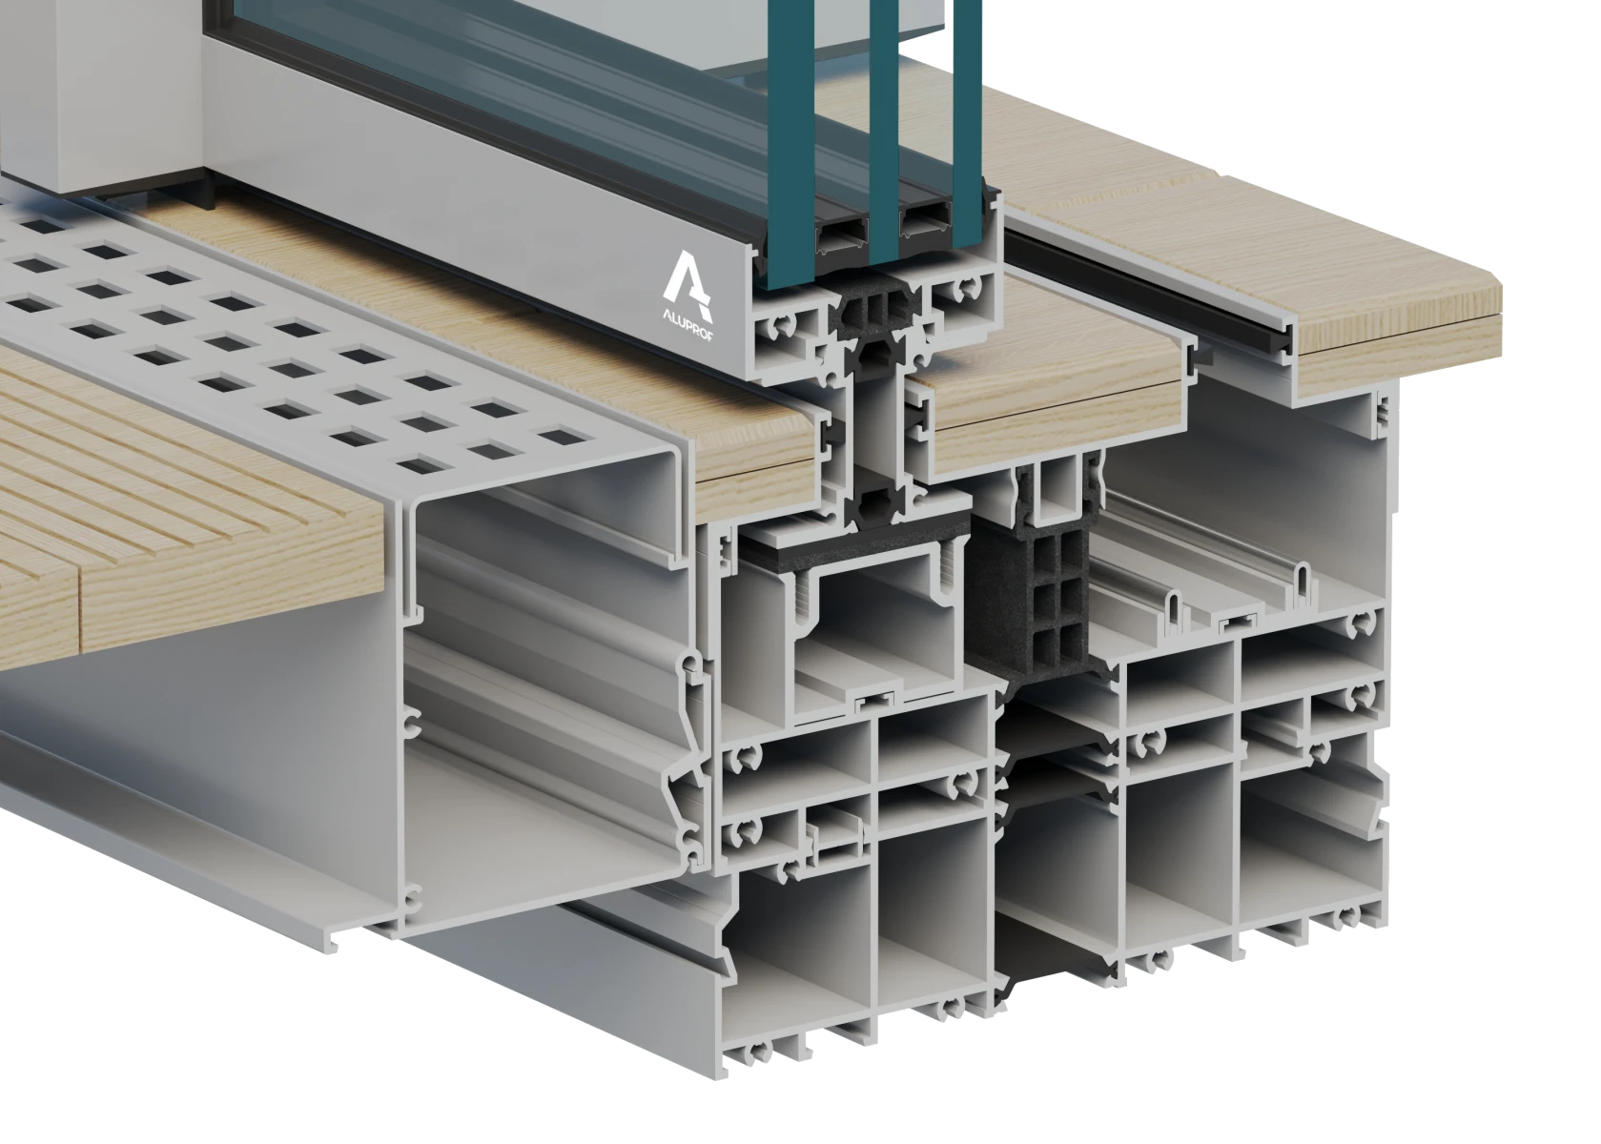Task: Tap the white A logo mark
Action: point(688,282)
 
